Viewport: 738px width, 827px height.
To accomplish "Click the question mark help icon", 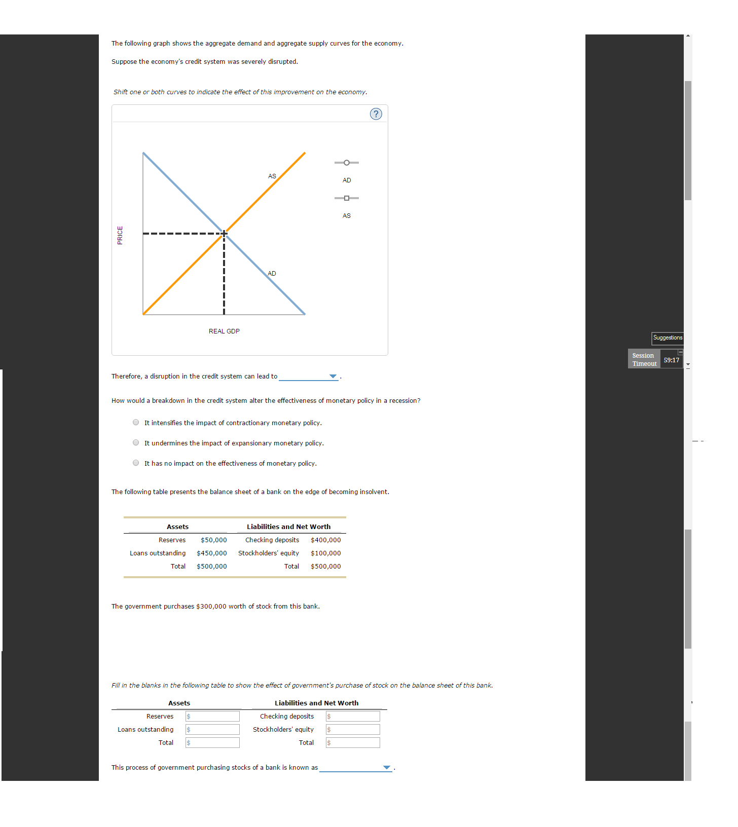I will coord(376,114).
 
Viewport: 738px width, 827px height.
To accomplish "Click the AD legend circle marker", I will coord(347,163).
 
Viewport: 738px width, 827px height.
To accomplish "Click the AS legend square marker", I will coord(347,198).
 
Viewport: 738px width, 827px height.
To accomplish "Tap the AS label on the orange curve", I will coord(272,176).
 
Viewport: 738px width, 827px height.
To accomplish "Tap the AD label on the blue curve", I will coord(272,274).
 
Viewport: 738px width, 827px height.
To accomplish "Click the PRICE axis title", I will coord(120,235).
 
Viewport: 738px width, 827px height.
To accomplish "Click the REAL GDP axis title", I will coord(224,331).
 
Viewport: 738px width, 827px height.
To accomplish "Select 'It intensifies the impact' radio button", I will coord(136,423).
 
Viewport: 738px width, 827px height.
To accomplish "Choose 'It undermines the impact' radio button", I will coord(136,443).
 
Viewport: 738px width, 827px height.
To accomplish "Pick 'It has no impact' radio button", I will coord(136,463).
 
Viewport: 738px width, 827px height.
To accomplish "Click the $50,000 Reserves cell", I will coord(213,540).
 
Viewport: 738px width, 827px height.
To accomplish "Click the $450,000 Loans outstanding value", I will coord(211,553).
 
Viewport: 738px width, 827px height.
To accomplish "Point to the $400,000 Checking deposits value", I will coord(325,540).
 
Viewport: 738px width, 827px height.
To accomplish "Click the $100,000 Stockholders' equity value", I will coord(325,553).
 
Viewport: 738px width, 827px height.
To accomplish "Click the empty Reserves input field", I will coord(213,717).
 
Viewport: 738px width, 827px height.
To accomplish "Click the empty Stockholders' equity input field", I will coord(353,730).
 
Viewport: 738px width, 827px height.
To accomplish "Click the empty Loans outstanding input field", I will coord(213,730).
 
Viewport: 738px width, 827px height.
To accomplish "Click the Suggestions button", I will coord(667,338).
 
